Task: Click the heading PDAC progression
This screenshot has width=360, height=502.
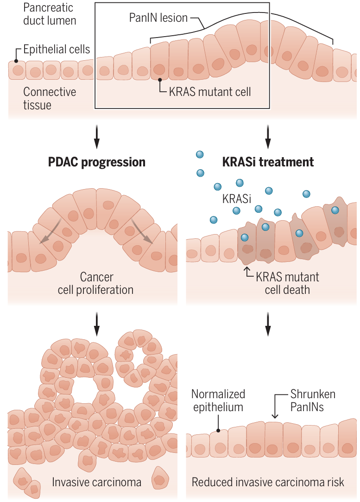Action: (x=97, y=162)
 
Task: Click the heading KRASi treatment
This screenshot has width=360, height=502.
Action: (x=268, y=162)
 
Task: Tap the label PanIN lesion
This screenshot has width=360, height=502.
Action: (x=158, y=19)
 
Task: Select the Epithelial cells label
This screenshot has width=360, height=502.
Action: (x=57, y=50)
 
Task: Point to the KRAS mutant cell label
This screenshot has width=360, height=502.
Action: (x=210, y=91)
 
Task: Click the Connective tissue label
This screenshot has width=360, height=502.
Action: (x=50, y=98)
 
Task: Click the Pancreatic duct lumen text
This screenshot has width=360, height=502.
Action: (x=50, y=14)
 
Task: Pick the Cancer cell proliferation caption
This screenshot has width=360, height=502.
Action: (x=96, y=284)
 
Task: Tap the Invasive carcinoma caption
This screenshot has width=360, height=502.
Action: (x=96, y=482)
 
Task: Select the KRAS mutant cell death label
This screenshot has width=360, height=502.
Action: (x=287, y=284)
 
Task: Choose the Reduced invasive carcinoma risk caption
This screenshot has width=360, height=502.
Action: (x=268, y=482)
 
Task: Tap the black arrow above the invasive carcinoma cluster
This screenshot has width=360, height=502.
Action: (x=96, y=323)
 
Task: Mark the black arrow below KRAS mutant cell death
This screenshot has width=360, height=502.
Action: (x=268, y=324)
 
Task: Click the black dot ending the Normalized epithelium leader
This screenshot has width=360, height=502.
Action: (x=218, y=430)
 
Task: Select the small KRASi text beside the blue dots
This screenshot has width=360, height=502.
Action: (x=236, y=199)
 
